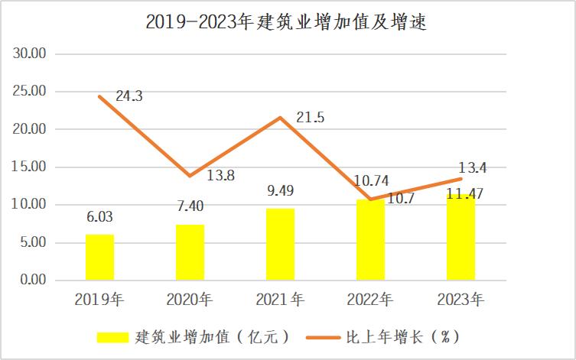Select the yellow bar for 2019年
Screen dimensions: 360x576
pyautogui.click(x=99, y=258)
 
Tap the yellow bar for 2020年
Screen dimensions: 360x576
pyautogui.click(x=190, y=252)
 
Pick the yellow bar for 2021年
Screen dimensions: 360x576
pyautogui.click(x=281, y=245)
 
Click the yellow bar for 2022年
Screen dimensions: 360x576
pyautogui.click(x=371, y=240)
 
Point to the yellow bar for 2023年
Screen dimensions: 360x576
pyautogui.click(x=461, y=238)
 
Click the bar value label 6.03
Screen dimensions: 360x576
pyautogui.click(x=99, y=217)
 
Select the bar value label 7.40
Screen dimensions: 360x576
pyautogui.click(x=190, y=206)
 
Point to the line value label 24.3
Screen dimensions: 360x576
pyautogui.click(x=130, y=96)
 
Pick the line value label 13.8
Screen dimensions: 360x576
pyautogui.click(x=220, y=175)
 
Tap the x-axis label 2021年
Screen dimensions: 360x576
pyautogui.click(x=281, y=299)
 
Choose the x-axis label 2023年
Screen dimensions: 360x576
pyautogui.click(x=461, y=299)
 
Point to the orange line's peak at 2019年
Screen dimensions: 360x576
pyautogui.click(x=99, y=96)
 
